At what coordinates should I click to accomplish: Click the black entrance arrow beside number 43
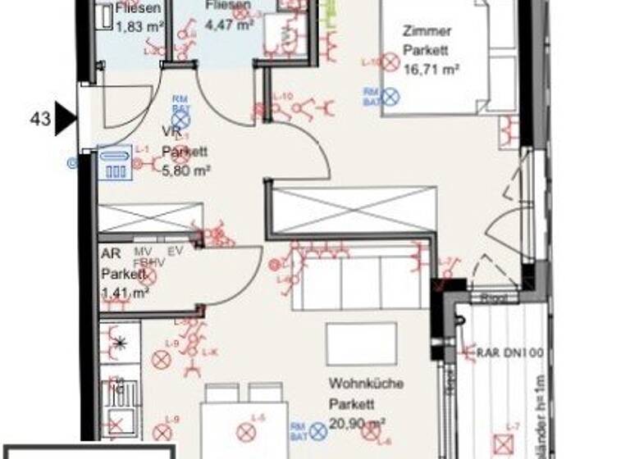[x=65, y=120]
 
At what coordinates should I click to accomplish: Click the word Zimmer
[x=427, y=31]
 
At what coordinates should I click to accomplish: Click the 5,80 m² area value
[x=186, y=170]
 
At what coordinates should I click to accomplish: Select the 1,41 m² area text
[x=125, y=292]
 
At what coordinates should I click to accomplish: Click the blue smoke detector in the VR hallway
[x=181, y=121]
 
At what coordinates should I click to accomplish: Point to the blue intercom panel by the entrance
[x=113, y=162]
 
